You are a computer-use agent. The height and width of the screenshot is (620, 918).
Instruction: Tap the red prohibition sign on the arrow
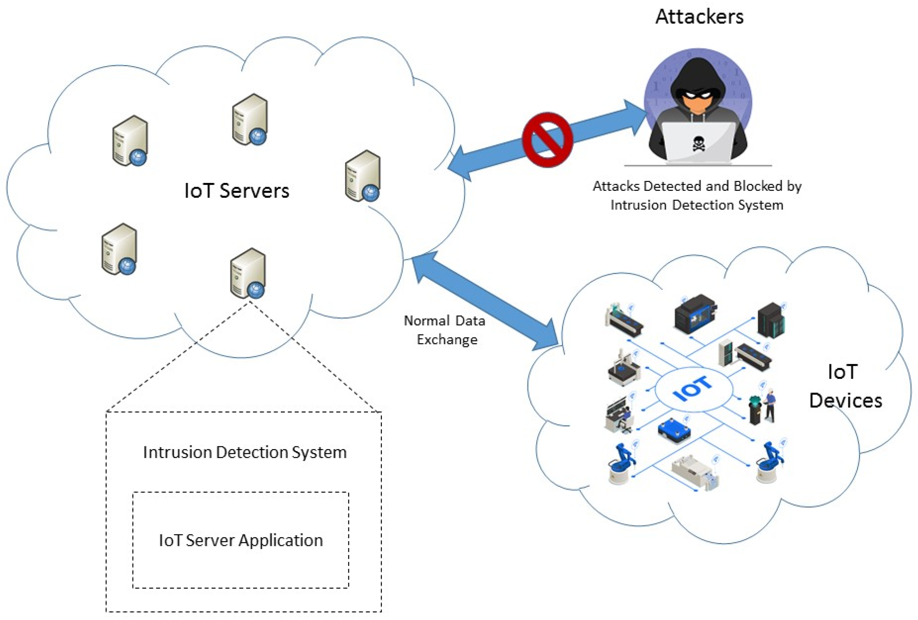pos(547,140)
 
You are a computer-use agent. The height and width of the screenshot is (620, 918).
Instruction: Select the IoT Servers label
pos(237,191)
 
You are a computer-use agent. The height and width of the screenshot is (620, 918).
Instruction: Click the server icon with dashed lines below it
pos(248,273)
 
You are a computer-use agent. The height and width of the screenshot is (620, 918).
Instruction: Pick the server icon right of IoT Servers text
pos(363,176)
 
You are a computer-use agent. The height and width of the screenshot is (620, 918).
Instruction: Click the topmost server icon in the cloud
pos(250,119)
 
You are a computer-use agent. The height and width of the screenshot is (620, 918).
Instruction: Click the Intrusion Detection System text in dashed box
pos(245,452)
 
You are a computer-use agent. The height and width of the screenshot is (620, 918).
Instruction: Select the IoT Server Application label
pos(240,540)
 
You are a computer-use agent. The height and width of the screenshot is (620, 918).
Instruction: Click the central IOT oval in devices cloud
pos(693,389)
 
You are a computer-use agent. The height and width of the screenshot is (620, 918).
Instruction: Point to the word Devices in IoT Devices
pos(845,401)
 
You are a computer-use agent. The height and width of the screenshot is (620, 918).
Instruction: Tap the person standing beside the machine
pos(770,405)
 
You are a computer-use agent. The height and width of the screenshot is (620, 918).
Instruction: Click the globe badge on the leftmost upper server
pos(138,158)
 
